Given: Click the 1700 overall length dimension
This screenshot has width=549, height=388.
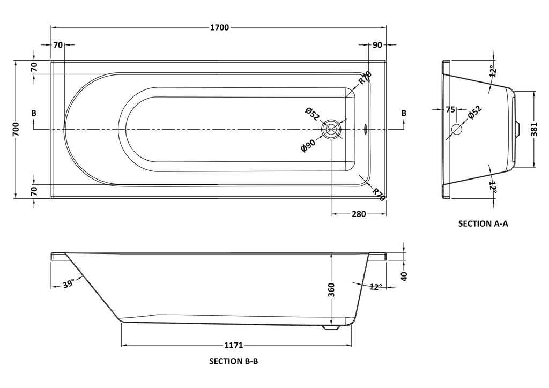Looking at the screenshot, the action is pyautogui.click(x=219, y=27).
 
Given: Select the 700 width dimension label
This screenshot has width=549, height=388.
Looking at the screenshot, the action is pyautogui.click(x=16, y=130).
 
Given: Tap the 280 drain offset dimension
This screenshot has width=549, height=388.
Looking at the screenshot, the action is pyautogui.click(x=359, y=214).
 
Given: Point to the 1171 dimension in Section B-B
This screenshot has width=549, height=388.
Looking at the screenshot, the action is pyautogui.click(x=234, y=345).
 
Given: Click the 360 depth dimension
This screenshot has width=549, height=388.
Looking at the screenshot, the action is pyautogui.click(x=331, y=290).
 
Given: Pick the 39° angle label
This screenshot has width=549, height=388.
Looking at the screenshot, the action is pyautogui.click(x=69, y=283).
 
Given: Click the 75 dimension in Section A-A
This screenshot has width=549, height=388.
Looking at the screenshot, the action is pyautogui.click(x=450, y=109).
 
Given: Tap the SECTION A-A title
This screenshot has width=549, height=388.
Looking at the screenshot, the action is pyautogui.click(x=483, y=223).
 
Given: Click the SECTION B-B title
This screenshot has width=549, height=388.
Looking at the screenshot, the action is pyautogui.click(x=234, y=361).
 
